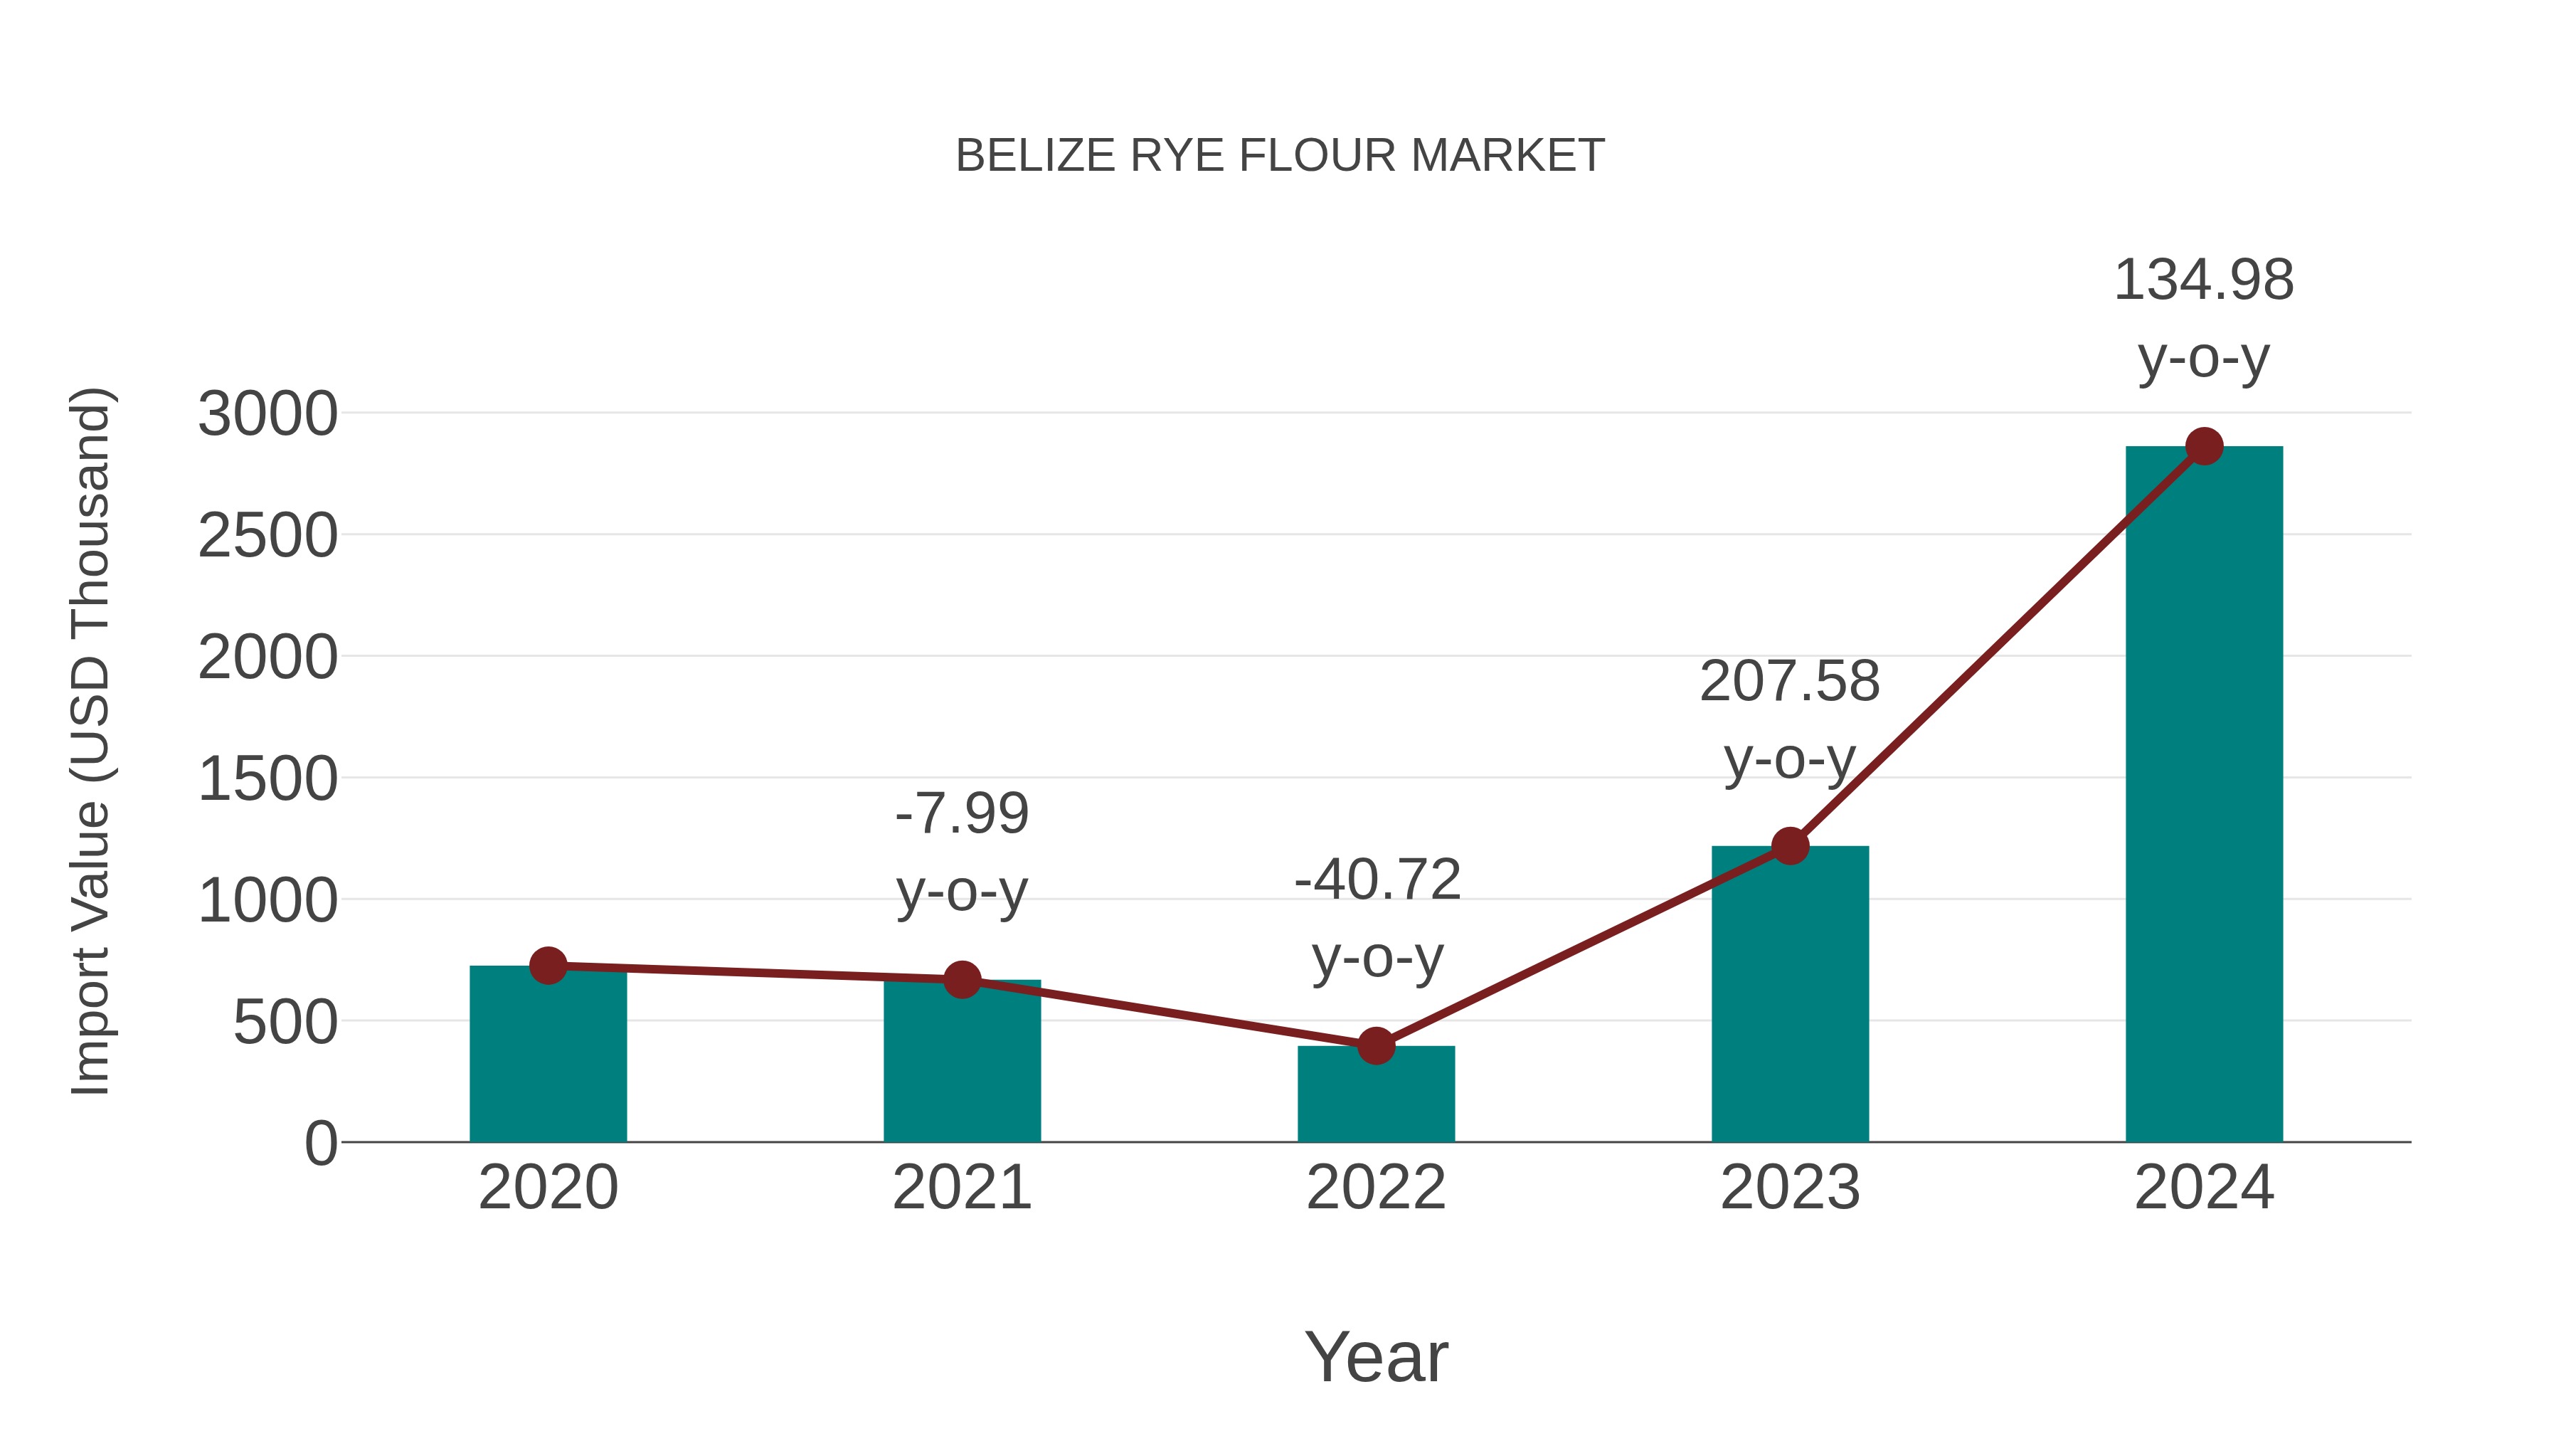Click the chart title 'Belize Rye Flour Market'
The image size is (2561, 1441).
[1280, 156]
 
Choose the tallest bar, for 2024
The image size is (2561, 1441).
[2204, 796]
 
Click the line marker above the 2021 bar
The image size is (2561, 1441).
[961, 980]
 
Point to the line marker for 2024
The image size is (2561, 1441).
[2204, 446]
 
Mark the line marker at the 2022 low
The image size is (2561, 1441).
[1376, 1045]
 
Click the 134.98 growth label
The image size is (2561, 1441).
[2203, 280]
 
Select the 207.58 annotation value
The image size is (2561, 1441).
[1790, 682]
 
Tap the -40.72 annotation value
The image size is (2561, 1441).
[1377, 880]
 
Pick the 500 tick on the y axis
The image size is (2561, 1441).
[285, 1023]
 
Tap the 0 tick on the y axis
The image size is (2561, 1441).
[321, 1144]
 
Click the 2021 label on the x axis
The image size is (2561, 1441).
[961, 1188]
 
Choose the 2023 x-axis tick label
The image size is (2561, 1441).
[1790, 1188]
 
